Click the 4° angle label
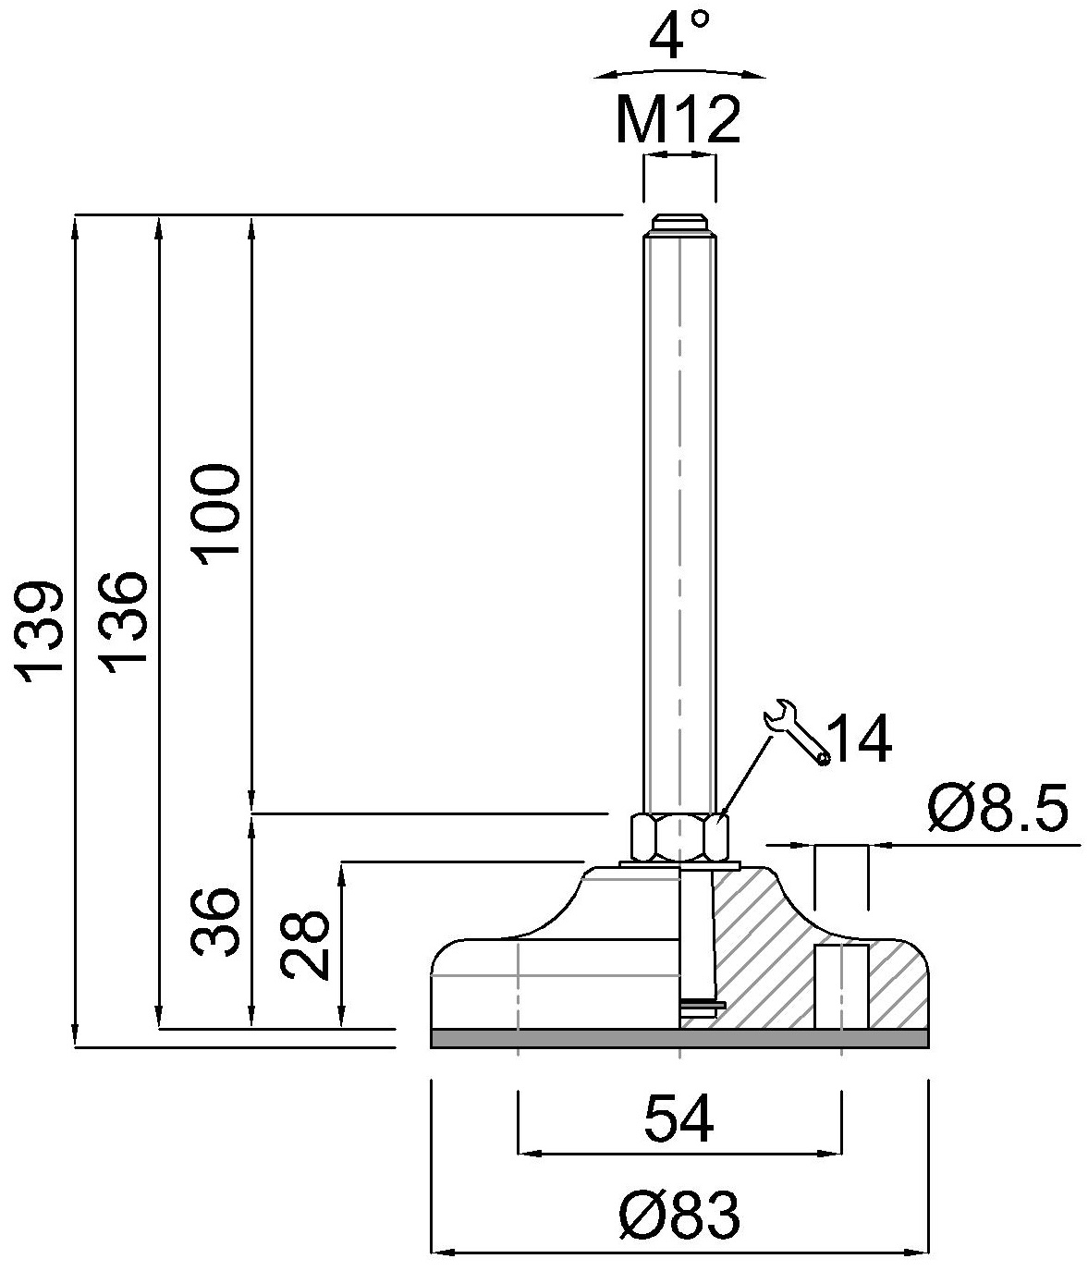pyautogui.click(x=678, y=36)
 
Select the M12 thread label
pyautogui.click(x=678, y=119)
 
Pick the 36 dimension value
pyautogui.click(x=214, y=922)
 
